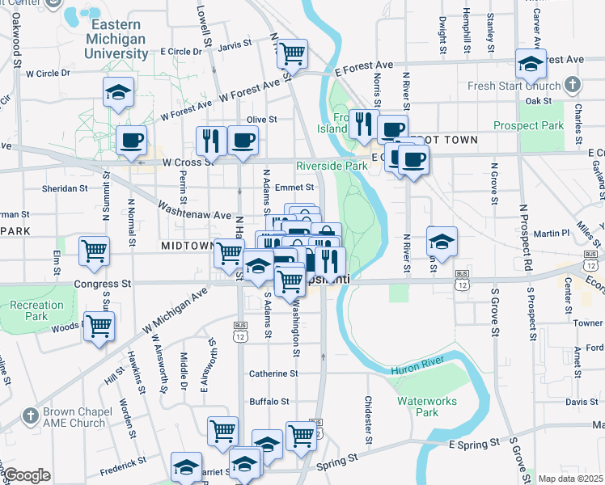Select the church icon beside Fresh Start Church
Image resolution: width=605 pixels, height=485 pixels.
[573, 84]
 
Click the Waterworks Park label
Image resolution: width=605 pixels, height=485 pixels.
[427, 407]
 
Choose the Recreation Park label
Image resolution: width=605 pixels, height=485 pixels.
[36, 310]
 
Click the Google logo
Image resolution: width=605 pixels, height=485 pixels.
[27, 475]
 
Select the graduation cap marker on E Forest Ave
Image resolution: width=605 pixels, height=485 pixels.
[531, 64]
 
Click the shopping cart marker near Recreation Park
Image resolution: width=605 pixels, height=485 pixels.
[99, 327]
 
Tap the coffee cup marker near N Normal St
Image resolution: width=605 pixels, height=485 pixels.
[131, 141]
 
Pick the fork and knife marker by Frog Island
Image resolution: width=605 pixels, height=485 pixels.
[364, 124]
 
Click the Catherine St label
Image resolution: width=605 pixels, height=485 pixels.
[273, 373]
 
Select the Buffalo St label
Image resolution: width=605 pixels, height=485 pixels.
[269, 401]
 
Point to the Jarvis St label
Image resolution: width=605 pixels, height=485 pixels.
[235, 45]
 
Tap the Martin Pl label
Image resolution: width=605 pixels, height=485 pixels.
[554, 234]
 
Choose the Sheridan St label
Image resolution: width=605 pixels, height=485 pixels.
[66, 188]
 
